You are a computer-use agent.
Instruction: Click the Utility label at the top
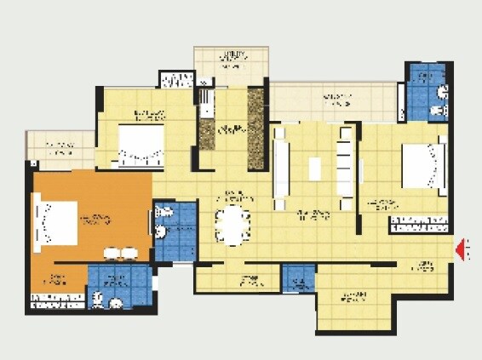[232, 57]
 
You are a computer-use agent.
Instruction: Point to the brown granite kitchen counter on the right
[255, 128]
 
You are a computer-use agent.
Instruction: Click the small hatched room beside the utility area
[177, 80]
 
